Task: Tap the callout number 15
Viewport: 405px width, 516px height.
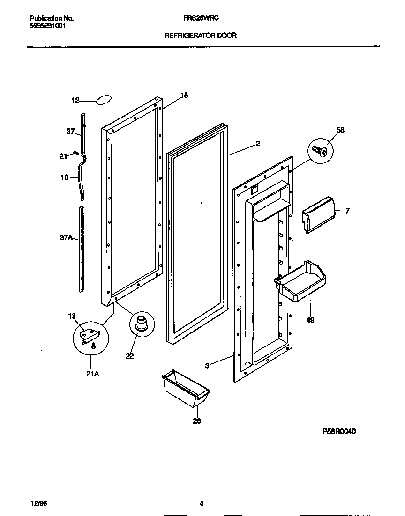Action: (x=184, y=95)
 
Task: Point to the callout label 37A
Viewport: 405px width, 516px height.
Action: (x=66, y=237)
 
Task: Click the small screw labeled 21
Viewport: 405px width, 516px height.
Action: (x=75, y=154)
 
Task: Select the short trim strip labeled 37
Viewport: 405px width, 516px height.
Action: (x=83, y=133)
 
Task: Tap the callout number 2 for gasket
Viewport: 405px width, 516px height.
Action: (x=258, y=144)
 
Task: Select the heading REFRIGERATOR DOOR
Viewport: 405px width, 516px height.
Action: (x=200, y=35)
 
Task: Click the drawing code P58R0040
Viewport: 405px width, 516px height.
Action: (x=339, y=432)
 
